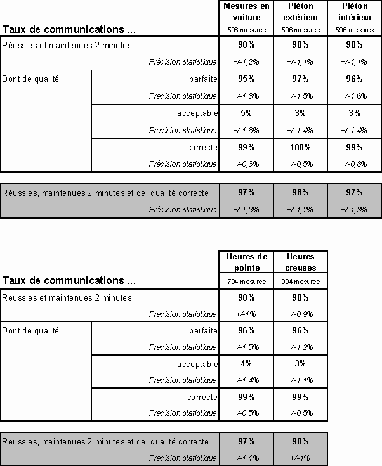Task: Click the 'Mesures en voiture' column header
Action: pos(246,11)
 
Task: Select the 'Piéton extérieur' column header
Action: pos(300,11)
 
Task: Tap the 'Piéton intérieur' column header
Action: pos(354,11)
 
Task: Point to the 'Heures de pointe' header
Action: pos(246,262)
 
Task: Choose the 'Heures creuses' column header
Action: pos(300,262)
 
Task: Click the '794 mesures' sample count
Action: pos(246,281)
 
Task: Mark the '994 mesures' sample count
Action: pos(300,281)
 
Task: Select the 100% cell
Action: pos(300,147)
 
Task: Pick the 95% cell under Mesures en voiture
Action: pos(246,79)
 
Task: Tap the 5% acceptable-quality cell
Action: pos(246,113)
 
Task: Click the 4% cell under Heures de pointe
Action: pos(246,363)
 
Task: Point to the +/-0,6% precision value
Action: pos(246,164)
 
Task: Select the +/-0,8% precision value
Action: pos(354,164)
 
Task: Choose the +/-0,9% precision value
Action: pos(300,314)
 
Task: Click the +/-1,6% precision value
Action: pos(354,96)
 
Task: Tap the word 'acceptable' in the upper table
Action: pos(197,113)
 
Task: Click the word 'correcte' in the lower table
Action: pos(202,397)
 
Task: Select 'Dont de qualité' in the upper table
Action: pos(30,79)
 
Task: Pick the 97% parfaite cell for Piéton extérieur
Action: pos(300,79)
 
